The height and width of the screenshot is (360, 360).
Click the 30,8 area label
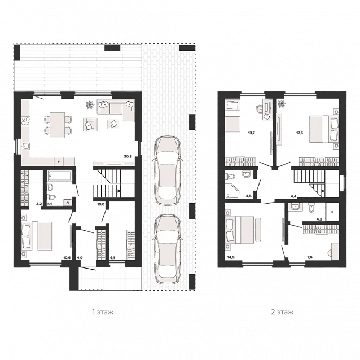128,157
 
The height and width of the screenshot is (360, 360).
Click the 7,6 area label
310,258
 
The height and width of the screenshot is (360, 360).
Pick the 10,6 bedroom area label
67,258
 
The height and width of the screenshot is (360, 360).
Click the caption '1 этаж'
103,312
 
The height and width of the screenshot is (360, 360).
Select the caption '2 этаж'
282,312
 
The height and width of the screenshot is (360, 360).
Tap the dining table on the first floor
58,125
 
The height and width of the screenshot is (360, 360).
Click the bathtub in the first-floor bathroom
60,177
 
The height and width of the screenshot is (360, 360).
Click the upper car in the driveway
167,170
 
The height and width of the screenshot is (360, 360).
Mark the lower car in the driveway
167,249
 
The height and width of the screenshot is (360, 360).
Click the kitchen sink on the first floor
25,146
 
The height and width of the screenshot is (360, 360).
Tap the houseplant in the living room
90,105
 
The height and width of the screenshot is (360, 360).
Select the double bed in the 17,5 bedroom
324,129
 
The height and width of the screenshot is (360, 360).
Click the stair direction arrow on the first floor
119,191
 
